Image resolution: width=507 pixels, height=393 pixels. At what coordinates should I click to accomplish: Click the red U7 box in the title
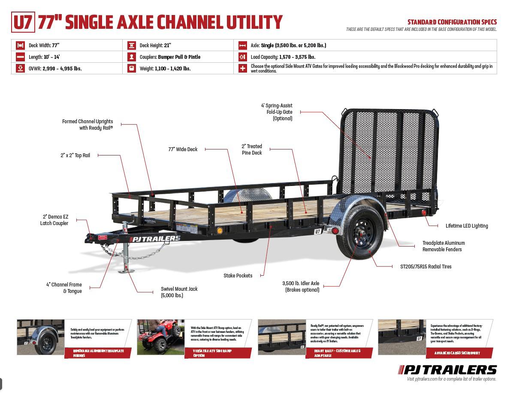[23, 22]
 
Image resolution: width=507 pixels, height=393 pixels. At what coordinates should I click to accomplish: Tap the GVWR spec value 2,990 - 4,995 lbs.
[62, 68]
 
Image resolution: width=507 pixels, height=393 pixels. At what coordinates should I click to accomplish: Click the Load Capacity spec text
[283, 57]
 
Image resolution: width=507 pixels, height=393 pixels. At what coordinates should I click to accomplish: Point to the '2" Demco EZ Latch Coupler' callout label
[54, 220]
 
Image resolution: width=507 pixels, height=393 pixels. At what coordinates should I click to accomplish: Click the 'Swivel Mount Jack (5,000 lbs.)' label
[179, 292]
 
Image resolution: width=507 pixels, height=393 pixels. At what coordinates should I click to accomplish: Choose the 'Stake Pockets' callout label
[238, 275]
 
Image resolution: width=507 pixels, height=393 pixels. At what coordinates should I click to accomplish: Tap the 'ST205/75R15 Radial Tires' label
[426, 266]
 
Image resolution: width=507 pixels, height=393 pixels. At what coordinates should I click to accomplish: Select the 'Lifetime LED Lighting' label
[467, 225]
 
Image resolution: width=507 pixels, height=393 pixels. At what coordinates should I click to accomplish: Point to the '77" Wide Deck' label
[183, 149]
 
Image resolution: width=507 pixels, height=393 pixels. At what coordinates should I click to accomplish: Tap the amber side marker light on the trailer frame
[220, 231]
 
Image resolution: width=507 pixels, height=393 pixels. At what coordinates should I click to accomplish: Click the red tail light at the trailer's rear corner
[423, 213]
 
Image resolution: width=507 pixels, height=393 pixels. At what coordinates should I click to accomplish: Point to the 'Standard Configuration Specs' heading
[452, 22]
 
